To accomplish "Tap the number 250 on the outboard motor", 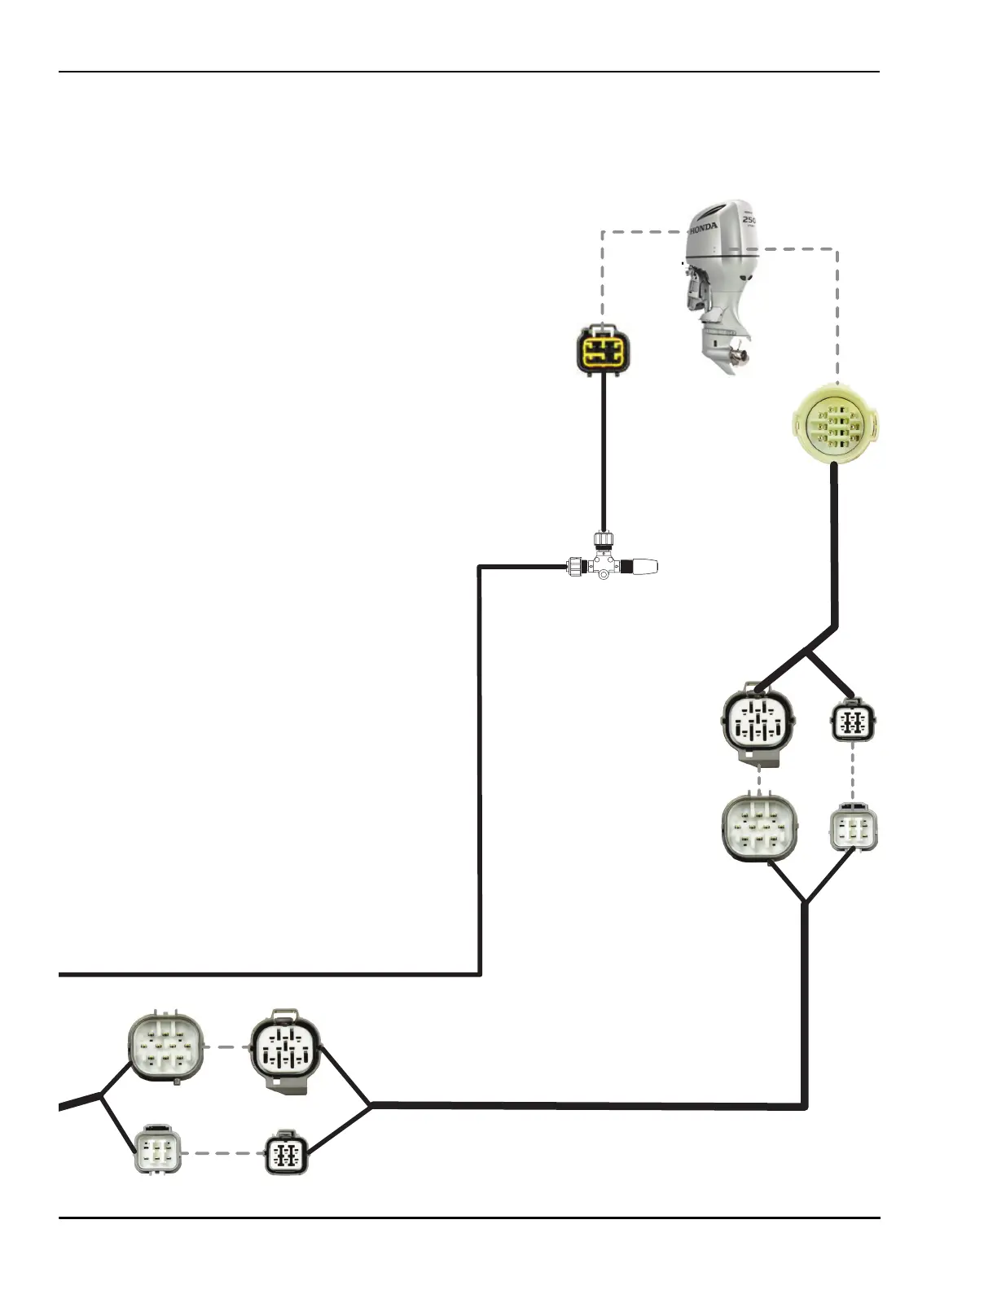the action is pos(749,221).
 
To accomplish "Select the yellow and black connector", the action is pos(604,350).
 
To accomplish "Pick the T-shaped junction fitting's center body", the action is pos(603,564).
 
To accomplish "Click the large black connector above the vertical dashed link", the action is pos(758,722).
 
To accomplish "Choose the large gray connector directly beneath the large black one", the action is pos(759,828).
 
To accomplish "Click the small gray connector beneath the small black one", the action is pos(853,829).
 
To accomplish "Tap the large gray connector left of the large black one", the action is pos(165,1046).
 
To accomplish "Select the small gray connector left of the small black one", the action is pos(157,1151).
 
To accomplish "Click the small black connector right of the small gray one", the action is pos(287,1152).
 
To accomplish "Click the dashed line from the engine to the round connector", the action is pos(837,309).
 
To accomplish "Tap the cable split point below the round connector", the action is pos(807,652).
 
